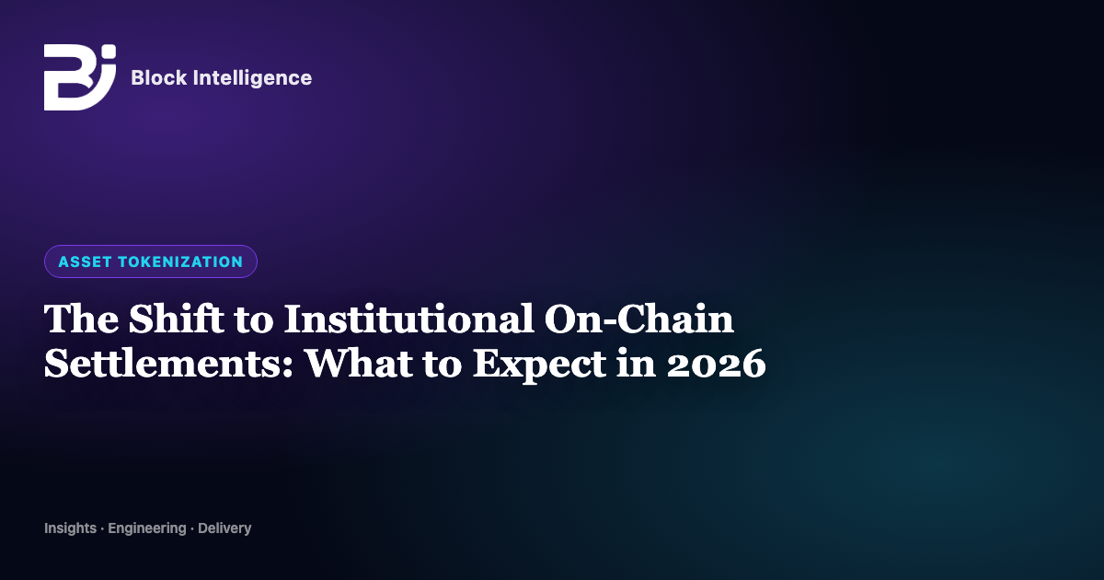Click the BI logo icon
80,77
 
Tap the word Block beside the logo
158,78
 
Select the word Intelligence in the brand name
252,78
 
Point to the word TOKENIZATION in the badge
180,261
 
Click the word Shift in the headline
177,319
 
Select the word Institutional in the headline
409,319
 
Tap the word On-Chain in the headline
639,319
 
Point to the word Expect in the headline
539,365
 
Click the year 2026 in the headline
716,364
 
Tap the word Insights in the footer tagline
71,528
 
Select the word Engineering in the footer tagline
147,528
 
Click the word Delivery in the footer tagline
224,528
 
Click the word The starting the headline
81,319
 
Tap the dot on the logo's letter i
109,52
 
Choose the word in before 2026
637,364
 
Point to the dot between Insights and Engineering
102,529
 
